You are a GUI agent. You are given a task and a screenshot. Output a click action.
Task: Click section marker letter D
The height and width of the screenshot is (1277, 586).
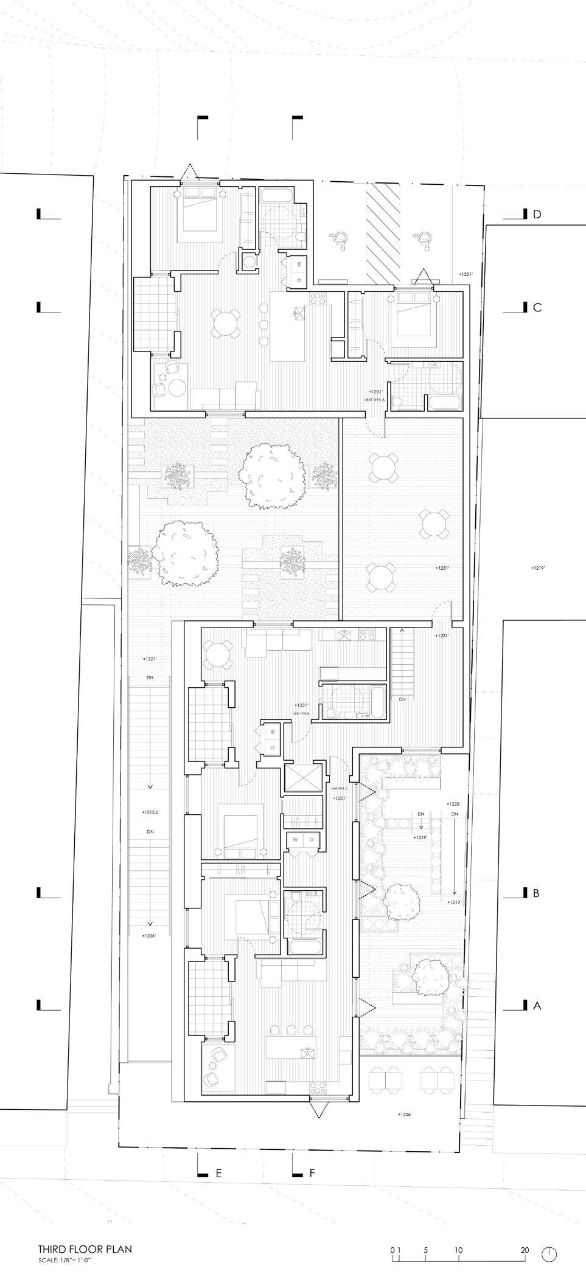pyautogui.click(x=537, y=214)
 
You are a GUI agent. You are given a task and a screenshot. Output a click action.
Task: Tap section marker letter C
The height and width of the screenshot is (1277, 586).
pyautogui.click(x=537, y=308)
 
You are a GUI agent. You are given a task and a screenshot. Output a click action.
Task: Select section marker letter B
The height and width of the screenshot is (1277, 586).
pyautogui.click(x=537, y=893)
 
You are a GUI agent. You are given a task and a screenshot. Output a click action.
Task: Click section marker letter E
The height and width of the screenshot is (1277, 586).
pyautogui.click(x=219, y=1174)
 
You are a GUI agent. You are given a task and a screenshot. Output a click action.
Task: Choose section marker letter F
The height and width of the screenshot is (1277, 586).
pyautogui.click(x=312, y=1174)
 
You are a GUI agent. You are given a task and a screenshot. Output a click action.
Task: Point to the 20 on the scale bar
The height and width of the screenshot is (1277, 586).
pyautogui.click(x=525, y=1245)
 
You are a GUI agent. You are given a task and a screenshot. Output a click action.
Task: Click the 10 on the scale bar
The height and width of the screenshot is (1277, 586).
pyautogui.click(x=458, y=1245)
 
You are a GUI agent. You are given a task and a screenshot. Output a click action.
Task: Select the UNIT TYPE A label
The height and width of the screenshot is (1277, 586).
pyautogui.click(x=375, y=399)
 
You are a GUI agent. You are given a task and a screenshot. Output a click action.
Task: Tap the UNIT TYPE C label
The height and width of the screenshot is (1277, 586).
pyautogui.click(x=340, y=788)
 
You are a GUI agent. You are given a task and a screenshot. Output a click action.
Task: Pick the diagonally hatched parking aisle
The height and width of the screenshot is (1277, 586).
pyautogui.click(x=383, y=232)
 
